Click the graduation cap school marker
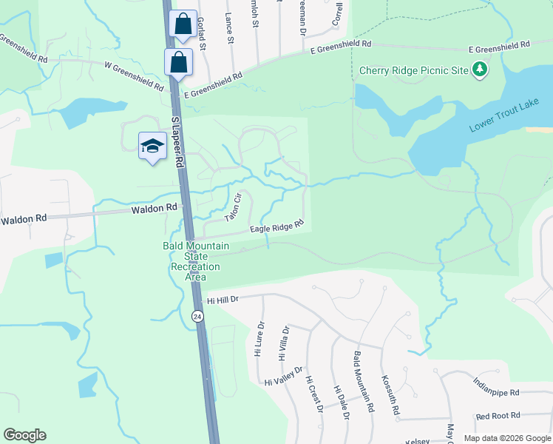pyautogui.click(x=152, y=144)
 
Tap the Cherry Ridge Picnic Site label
pyautogui.click(x=414, y=71)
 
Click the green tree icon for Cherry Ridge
pyautogui.click(x=481, y=70)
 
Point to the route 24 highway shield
pyautogui.click(x=197, y=316)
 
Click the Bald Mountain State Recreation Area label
pyautogui.click(x=195, y=261)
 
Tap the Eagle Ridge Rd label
pyautogui.click(x=276, y=228)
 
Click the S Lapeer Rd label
pyautogui.click(x=177, y=141)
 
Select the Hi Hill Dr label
pyautogui.click(x=223, y=300)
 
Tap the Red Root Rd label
pyautogui.click(x=498, y=416)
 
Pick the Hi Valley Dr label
pyautogui.click(x=284, y=377)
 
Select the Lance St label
pyautogui.click(x=229, y=29)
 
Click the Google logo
pyautogui.click(x=24, y=435)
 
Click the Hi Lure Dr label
pyautogui.click(x=259, y=339)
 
